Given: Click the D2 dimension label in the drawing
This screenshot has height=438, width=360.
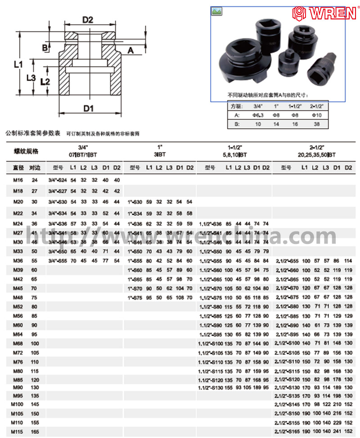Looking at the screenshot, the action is pos(87,20).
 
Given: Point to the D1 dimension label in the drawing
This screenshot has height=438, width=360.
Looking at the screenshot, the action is pos(88,108).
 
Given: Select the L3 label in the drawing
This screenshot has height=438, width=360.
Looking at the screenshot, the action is pos(31,78).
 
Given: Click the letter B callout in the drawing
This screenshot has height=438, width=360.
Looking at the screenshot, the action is pos(45,47).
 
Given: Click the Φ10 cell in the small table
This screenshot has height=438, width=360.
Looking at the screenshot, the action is pos(316,115).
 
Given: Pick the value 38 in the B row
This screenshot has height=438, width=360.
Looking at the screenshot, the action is pos(316,123).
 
